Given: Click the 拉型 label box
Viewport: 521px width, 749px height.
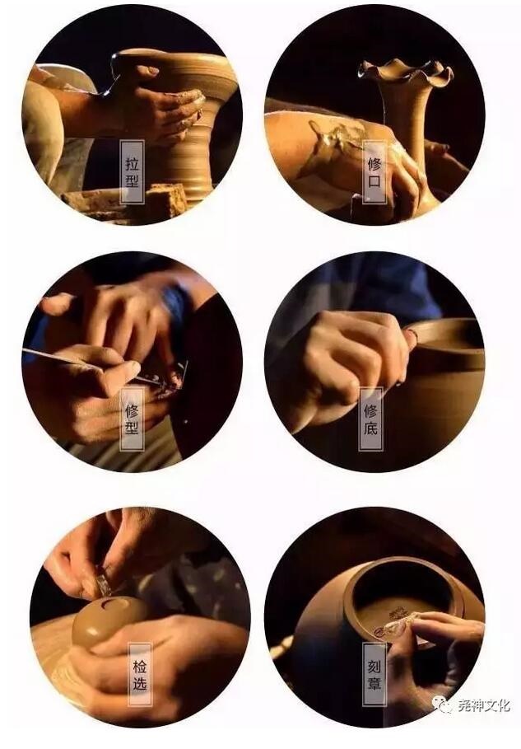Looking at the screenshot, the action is tap(133, 171).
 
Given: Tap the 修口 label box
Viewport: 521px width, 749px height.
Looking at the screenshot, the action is tap(374, 171).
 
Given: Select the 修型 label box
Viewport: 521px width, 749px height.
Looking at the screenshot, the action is tap(133, 419).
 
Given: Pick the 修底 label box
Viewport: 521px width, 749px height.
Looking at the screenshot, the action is tap(370, 419).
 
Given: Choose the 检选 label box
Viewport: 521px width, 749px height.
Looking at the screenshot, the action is tap(140, 674).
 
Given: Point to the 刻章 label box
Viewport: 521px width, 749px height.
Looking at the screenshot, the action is tap(374, 674).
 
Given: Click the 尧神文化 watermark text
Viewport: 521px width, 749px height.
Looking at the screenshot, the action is tap(483, 705).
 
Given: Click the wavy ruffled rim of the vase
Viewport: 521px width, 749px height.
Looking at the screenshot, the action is tap(406, 73).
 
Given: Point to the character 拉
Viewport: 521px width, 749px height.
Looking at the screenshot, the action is tap(133, 163).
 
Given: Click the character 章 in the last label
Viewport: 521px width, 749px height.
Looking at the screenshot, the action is tap(374, 683).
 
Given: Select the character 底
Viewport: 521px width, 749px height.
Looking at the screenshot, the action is tap(370, 428).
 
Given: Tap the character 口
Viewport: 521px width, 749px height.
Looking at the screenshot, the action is tap(374, 181).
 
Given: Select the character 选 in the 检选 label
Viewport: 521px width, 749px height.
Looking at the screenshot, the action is tap(140, 683).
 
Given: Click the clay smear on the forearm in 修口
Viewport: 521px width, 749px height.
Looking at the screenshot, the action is tap(334, 138).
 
